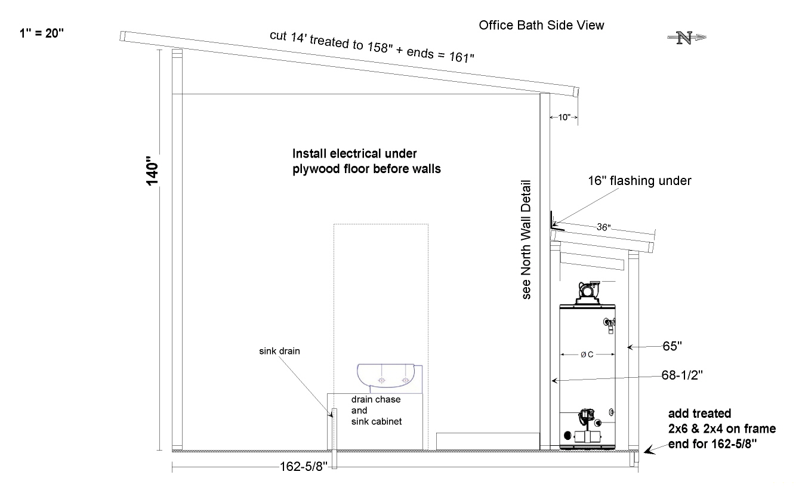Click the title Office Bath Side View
(x=541, y=26)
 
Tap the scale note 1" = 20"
(x=42, y=33)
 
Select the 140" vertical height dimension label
(x=152, y=171)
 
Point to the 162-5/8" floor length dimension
(x=303, y=466)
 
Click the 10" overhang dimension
(x=564, y=117)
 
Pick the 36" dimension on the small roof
(x=604, y=227)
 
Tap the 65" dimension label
(x=672, y=346)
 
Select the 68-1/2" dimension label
(x=682, y=375)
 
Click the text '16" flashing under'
(x=640, y=181)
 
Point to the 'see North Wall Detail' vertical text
(x=526, y=239)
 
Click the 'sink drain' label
(x=279, y=351)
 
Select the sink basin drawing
(x=390, y=379)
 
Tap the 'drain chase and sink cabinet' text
(x=377, y=411)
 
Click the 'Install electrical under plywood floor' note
(x=366, y=161)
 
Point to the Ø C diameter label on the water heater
(x=587, y=355)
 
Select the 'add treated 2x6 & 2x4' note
(x=722, y=429)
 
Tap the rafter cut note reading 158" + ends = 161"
(x=372, y=47)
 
